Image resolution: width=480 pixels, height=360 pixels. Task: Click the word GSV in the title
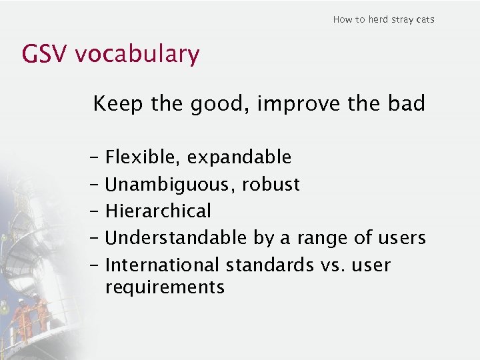point(45,54)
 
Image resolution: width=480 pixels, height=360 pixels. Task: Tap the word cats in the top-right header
point(425,19)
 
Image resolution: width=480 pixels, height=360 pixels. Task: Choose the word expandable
point(239,158)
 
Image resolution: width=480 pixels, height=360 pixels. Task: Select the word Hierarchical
point(158,211)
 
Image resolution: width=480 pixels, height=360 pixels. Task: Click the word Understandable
point(177,238)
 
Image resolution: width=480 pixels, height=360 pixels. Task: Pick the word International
point(163,265)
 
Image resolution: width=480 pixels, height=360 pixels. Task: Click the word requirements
point(165,288)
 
